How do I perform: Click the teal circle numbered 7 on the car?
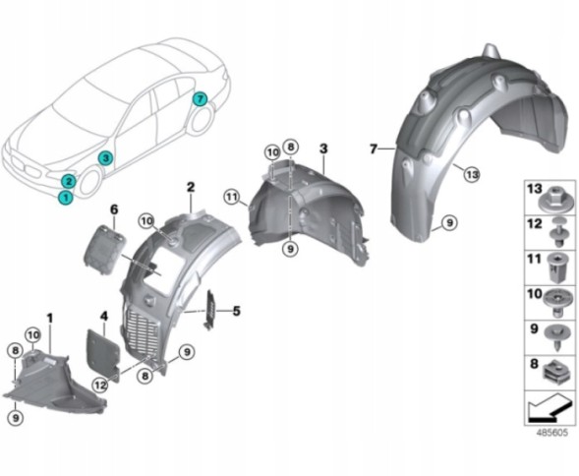point(200,98)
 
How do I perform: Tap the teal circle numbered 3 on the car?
point(105,158)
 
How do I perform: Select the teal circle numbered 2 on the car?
point(68,181)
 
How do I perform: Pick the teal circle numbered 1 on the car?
point(65,198)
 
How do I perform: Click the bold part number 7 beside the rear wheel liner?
point(374,149)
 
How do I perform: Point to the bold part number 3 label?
point(323,149)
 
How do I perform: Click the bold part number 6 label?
point(114,209)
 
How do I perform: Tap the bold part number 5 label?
point(236,311)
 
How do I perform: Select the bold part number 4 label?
point(104,317)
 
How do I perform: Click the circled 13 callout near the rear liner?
point(472,174)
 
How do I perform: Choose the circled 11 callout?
point(232,197)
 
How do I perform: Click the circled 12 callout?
point(100,386)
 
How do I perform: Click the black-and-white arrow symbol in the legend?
point(550,408)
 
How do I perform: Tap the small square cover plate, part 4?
point(103,354)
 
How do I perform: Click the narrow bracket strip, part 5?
point(210,310)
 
